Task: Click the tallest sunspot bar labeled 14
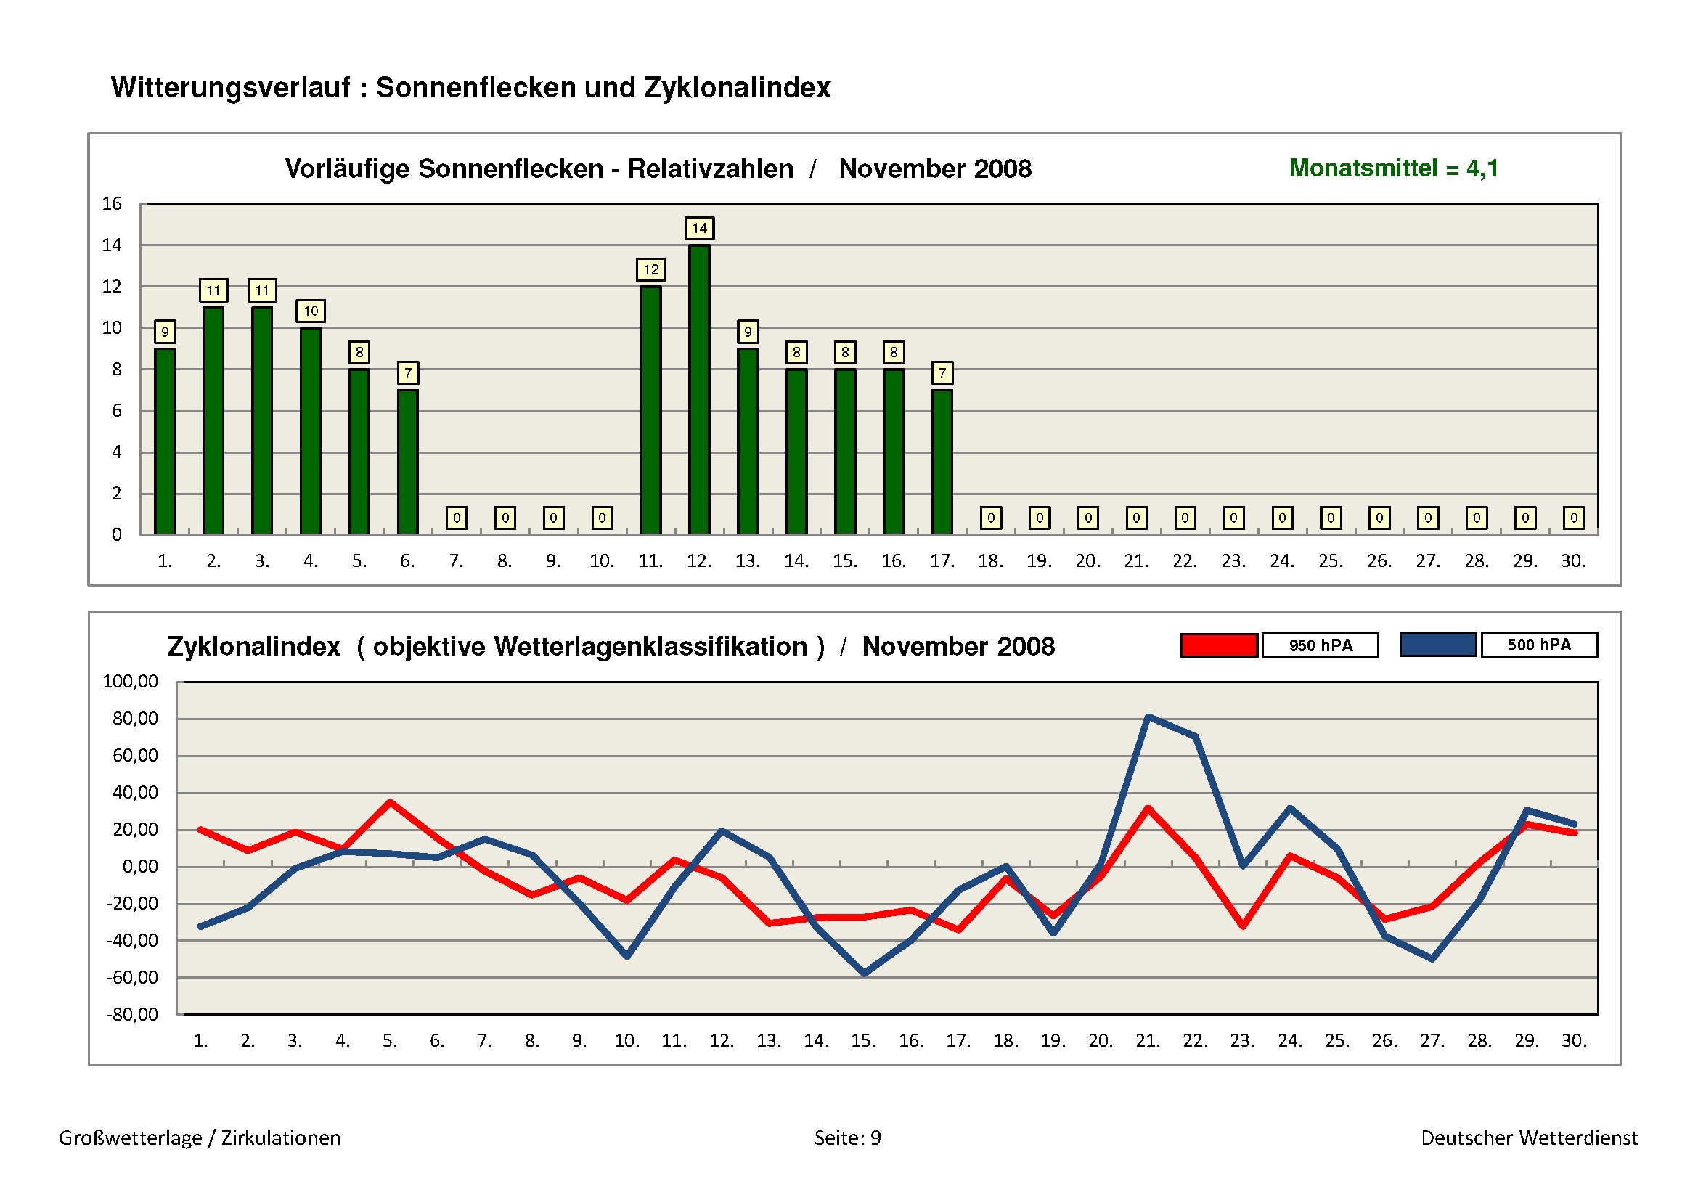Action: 699,390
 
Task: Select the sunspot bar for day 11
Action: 650,410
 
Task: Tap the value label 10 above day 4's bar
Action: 311,311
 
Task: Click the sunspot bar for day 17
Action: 942,462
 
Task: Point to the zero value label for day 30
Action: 1574,518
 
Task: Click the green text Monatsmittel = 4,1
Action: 1393,168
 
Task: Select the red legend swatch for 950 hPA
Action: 1219,645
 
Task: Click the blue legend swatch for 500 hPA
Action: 1437,645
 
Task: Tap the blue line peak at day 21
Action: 1148,717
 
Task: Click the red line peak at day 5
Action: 390,802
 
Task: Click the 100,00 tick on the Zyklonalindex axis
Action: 130,681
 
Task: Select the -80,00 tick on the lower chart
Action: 131,1014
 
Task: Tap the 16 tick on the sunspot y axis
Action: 112,204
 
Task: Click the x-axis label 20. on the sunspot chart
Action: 1087,561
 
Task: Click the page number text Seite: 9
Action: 847,1138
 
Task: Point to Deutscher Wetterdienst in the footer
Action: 1529,1138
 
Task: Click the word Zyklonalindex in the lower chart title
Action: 253,647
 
